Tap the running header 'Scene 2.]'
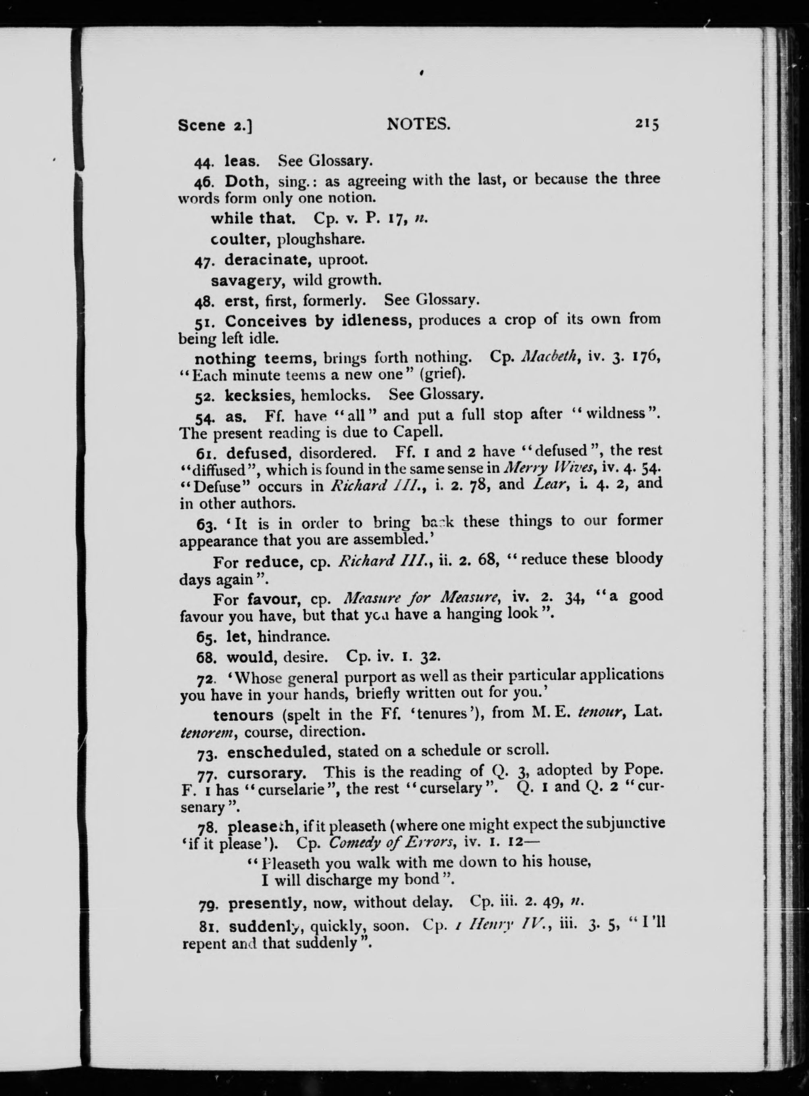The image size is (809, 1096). coord(216,125)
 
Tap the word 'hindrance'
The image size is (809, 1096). coord(294,637)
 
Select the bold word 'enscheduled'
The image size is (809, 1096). coord(277,752)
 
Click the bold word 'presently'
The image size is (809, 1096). coord(265,902)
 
